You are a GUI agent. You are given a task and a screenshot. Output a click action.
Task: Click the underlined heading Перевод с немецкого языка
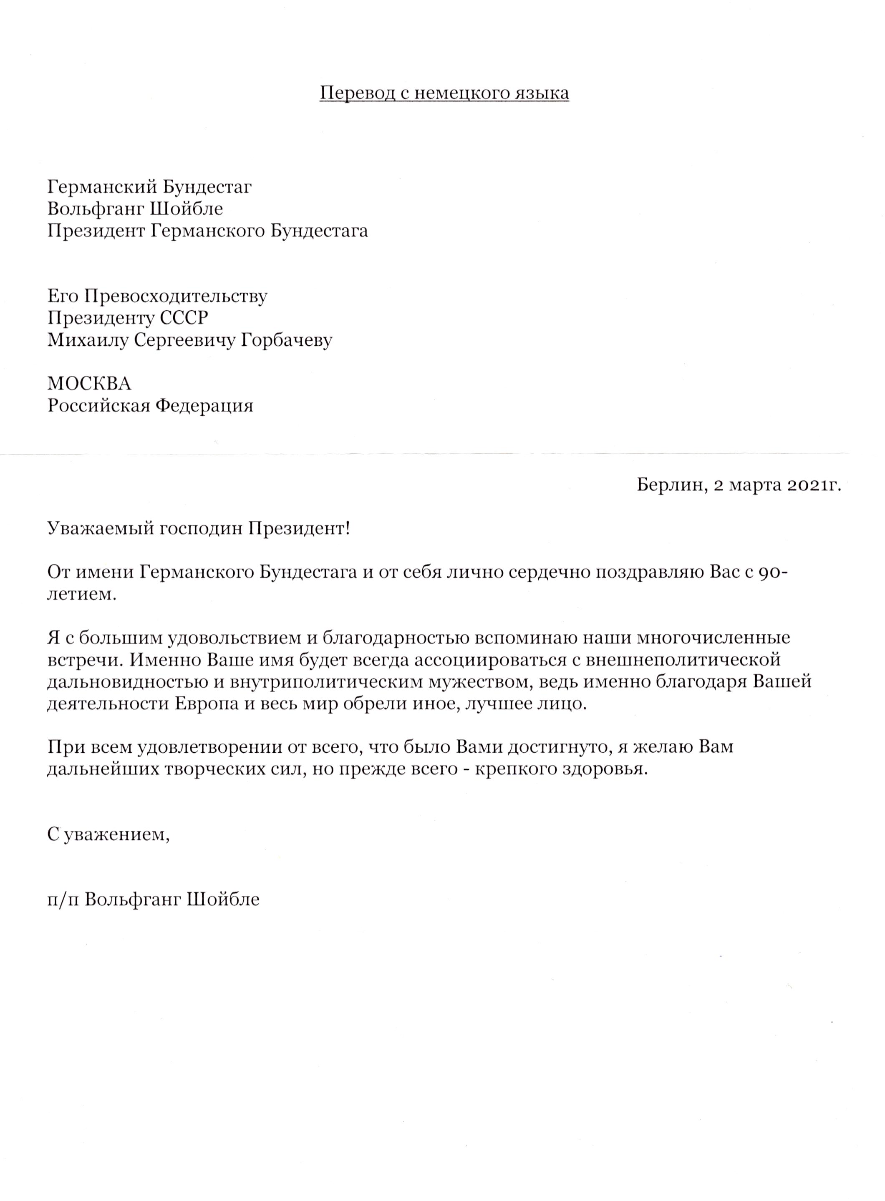pos(444,94)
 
